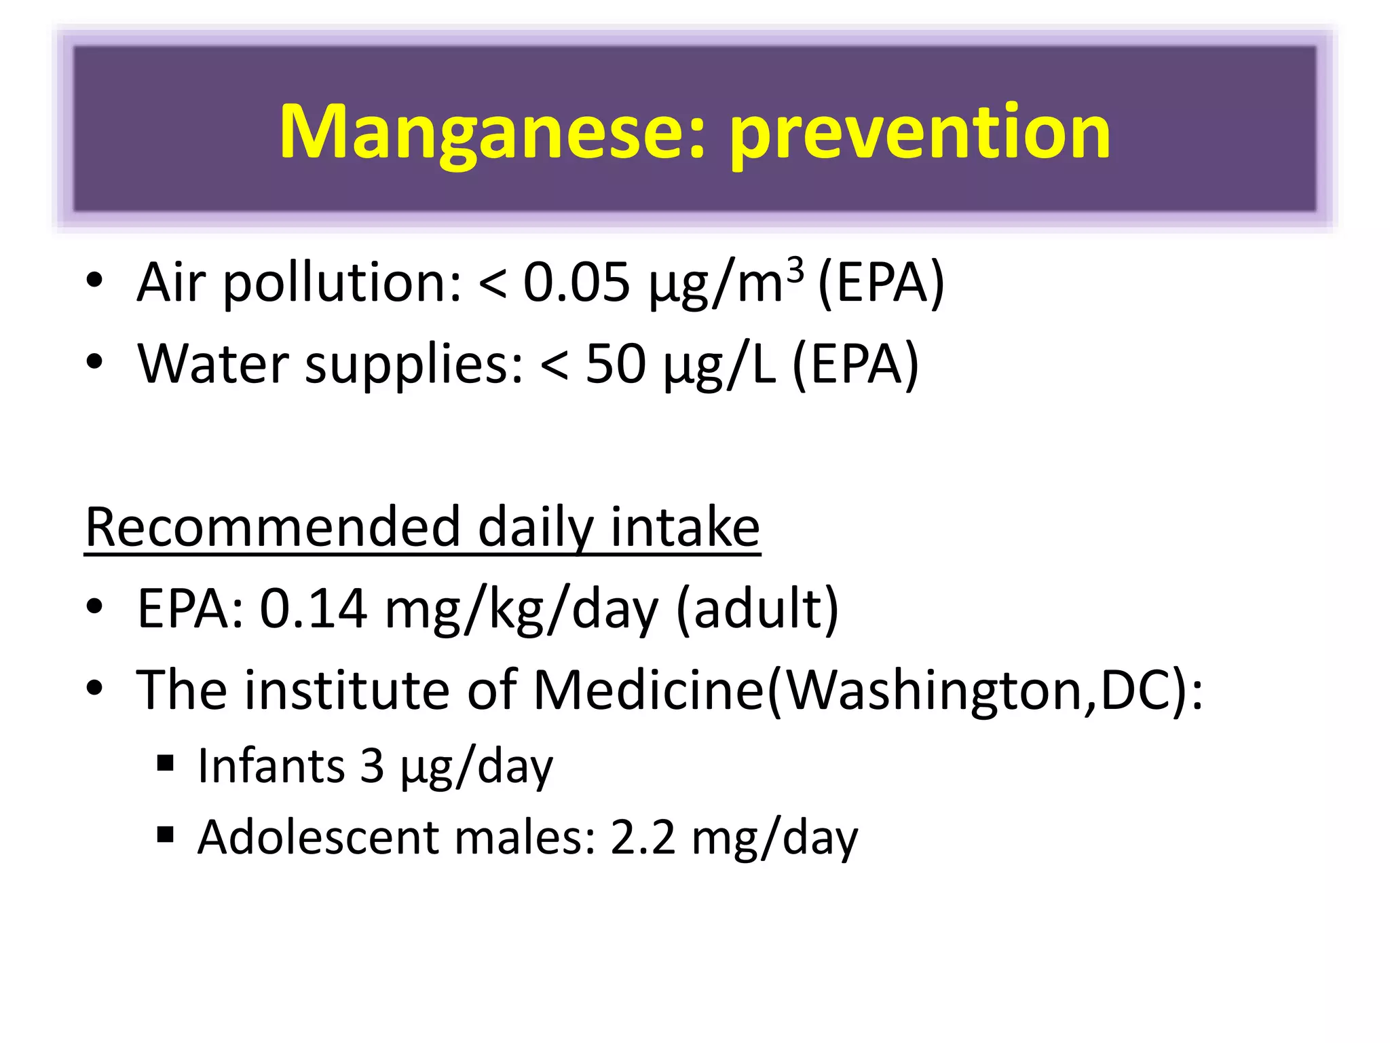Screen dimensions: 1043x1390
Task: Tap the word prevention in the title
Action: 920,133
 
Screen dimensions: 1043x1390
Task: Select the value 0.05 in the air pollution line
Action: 576,282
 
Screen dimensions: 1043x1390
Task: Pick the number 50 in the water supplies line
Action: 616,364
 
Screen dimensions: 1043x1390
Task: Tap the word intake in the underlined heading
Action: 685,527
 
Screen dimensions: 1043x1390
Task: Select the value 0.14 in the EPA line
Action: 314,608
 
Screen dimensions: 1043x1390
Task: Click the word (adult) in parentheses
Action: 758,608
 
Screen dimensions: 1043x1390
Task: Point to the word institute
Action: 347,690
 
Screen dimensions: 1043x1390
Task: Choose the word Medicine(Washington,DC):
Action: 868,690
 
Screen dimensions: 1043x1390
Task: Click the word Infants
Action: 271,766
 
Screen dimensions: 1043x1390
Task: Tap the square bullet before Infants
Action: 165,764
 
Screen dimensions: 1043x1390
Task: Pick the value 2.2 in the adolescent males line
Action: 643,837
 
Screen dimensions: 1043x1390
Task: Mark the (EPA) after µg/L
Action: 855,365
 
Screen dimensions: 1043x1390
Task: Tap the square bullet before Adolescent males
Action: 165,834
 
